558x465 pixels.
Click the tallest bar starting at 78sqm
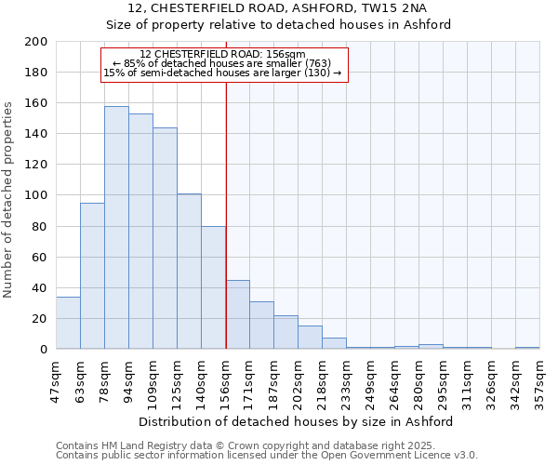point(116,228)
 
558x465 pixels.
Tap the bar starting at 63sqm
point(92,276)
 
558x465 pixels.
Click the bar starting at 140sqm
point(213,287)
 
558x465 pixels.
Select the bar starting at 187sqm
point(286,332)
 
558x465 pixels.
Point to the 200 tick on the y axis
point(36,42)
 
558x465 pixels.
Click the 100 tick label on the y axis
point(36,195)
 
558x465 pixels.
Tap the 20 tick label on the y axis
point(40,319)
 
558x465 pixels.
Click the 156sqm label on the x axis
point(226,381)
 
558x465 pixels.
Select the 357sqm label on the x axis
point(540,381)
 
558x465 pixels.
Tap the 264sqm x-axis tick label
point(395,381)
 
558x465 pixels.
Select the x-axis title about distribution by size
point(298,422)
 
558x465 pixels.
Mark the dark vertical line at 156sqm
point(226,232)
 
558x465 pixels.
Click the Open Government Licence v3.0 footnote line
point(267,456)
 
